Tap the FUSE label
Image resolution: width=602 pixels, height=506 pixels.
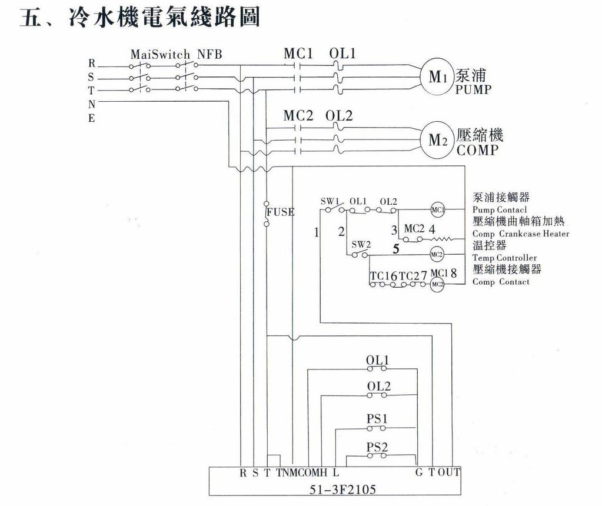280,212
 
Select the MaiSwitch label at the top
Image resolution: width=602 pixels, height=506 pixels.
160,55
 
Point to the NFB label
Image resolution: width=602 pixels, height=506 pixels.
209,55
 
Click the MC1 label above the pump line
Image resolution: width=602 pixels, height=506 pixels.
297,54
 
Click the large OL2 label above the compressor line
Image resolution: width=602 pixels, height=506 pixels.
339,116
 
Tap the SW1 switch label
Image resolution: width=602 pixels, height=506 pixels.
330,201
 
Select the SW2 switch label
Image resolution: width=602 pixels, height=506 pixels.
361,244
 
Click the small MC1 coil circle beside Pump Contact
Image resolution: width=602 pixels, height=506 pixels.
437,209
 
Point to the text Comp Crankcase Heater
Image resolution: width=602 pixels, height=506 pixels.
521,234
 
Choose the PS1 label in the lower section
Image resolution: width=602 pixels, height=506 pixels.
377,419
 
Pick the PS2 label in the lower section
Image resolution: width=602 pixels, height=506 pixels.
377,447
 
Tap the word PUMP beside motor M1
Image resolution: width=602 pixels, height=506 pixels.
473,90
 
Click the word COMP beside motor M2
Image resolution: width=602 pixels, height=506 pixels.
477,150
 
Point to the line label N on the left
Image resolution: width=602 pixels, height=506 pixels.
92,104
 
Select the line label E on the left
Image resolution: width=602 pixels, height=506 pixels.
92,118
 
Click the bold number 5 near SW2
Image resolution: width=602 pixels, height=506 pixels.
395,249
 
